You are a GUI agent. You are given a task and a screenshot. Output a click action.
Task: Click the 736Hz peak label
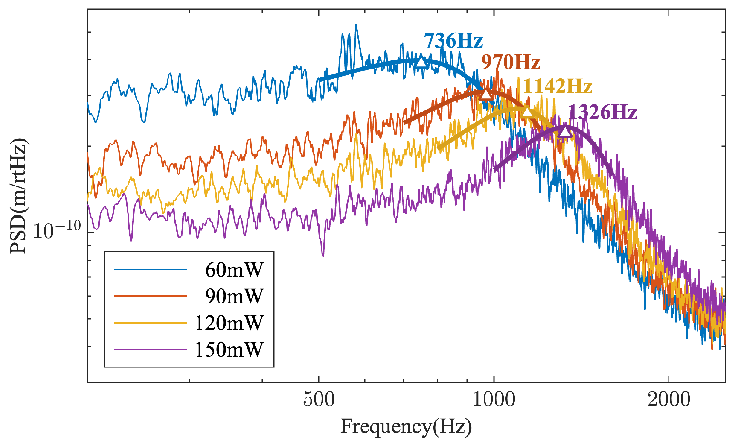(x=453, y=41)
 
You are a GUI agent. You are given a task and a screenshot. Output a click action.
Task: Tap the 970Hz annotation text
(x=511, y=62)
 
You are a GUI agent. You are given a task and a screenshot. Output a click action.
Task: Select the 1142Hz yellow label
(x=557, y=86)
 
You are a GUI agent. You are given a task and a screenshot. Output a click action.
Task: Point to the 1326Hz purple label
(x=602, y=112)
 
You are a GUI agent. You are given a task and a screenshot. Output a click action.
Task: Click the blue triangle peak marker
(x=421, y=62)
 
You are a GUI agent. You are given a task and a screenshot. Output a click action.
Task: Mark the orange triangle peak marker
(x=486, y=94)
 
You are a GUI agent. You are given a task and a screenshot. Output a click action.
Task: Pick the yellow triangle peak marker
(x=527, y=112)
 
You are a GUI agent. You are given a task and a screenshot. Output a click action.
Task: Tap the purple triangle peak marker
(x=565, y=132)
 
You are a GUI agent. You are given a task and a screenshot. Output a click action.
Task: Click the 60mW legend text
(x=234, y=270)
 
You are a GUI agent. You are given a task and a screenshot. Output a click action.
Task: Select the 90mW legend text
(x=234, y=296)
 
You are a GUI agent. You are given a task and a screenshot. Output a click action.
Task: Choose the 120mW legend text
(x=229, y=323)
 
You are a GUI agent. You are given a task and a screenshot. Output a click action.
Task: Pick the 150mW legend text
(x=229, y=349)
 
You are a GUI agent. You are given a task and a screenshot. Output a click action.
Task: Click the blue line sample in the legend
(x=150, y=269)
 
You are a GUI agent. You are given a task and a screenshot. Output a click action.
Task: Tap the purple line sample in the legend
(x=150, y=349)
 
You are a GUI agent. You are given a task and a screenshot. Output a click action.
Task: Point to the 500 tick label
(x=319, y=399)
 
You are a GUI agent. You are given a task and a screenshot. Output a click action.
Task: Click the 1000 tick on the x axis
(x=494, y=399)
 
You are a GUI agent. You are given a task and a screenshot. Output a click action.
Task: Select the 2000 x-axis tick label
(x=669, y=399)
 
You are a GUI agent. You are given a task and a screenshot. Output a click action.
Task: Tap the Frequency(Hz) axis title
(x=406, y=427)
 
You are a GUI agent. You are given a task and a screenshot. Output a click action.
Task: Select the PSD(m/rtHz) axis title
(x=19, y=196)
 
